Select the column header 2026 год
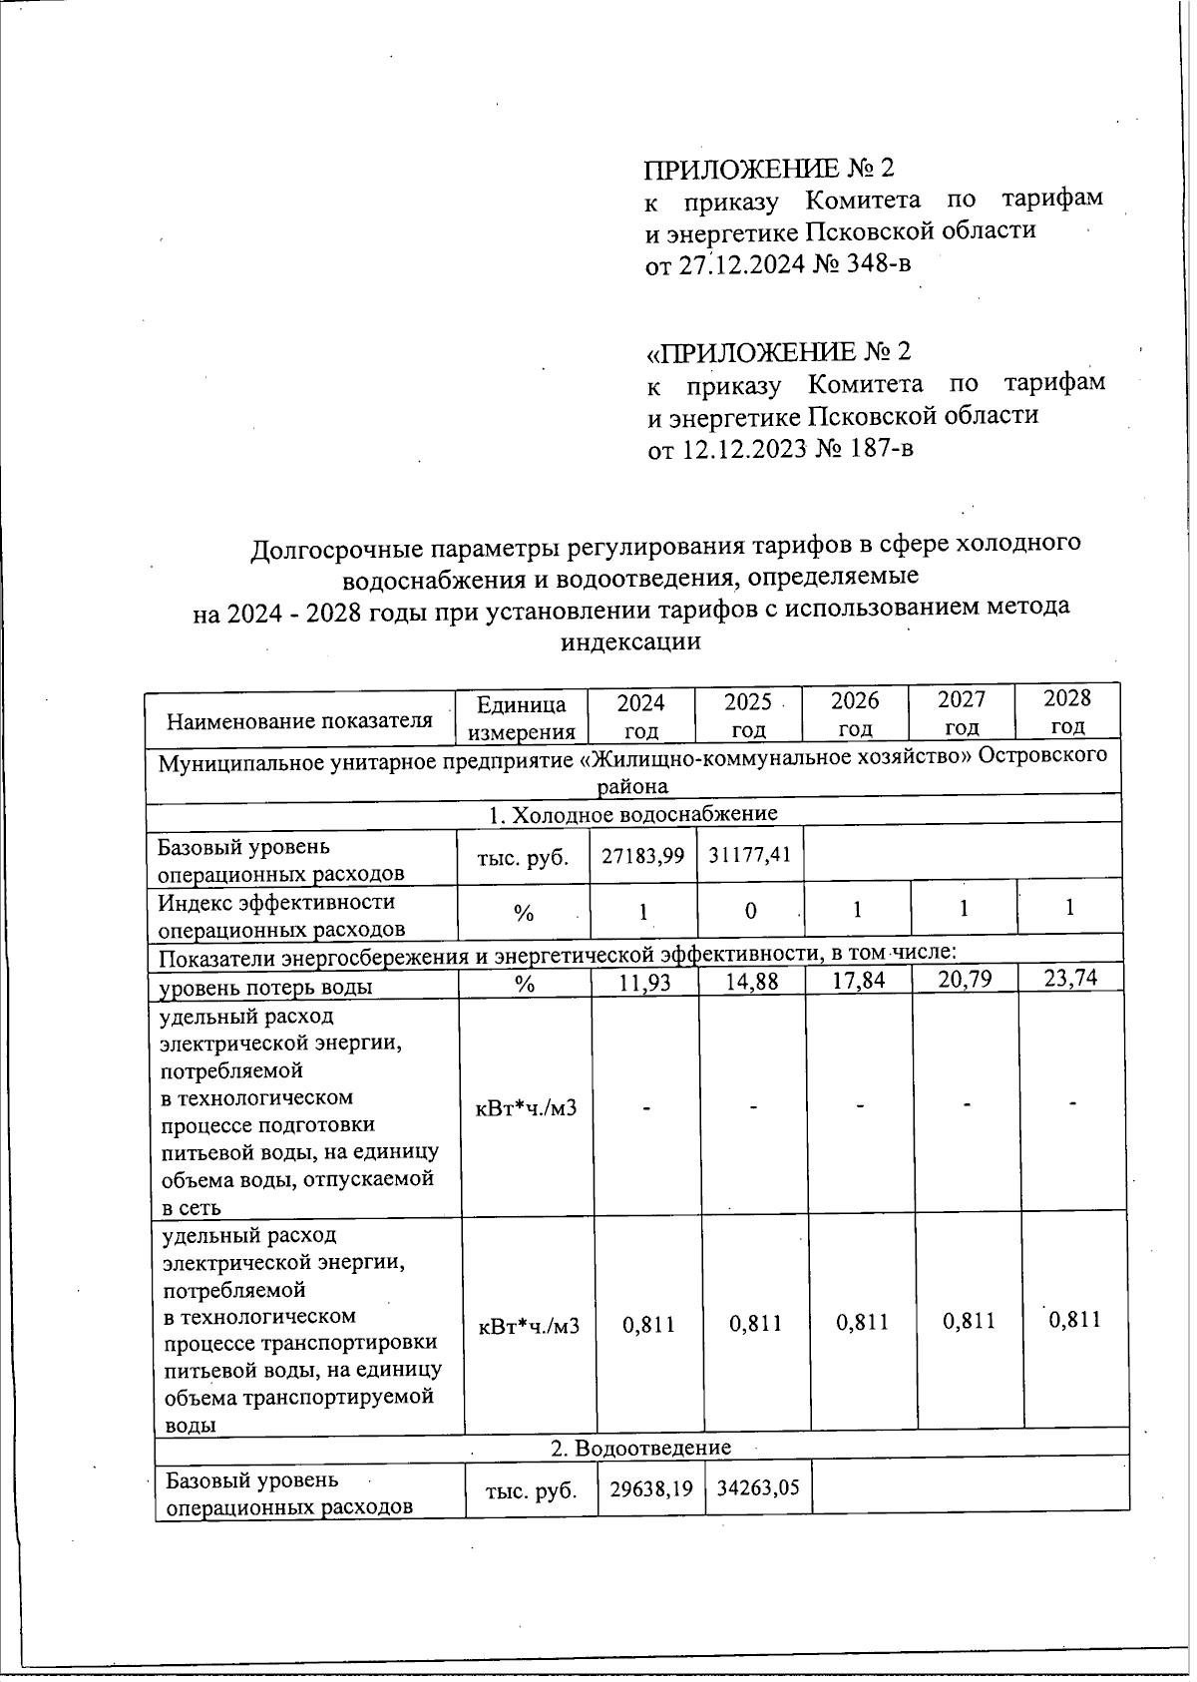pos(856,713)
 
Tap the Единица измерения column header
pos(522,718)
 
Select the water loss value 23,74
pos(1069,978)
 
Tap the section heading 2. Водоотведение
pos(641,1447)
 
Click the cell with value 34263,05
pos(758,1489)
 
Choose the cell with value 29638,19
pos(650,1489)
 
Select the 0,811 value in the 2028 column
pos(1075,1320)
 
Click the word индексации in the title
pos(630,641)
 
